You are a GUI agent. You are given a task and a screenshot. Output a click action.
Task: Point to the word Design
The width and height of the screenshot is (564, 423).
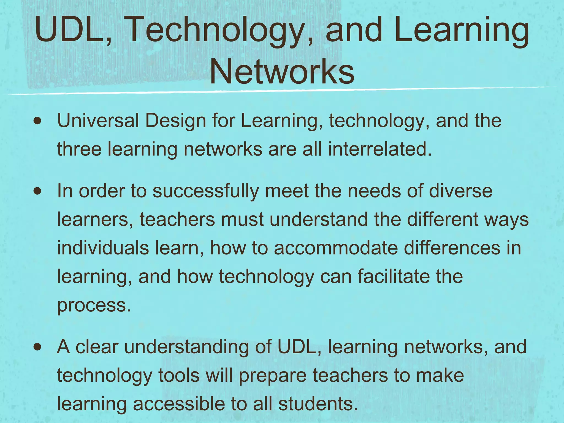click(175, 121)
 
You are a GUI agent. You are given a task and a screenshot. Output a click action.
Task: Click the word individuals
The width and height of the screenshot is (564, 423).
click(103, 248)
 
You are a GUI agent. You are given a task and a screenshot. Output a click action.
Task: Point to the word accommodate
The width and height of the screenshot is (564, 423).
click(336, 248)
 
